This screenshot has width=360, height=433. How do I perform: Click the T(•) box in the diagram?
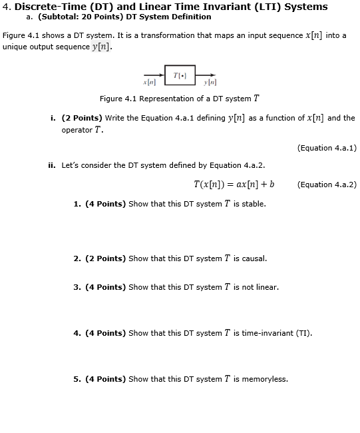[180, 75]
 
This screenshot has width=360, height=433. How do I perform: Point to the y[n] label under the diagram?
[211, 83]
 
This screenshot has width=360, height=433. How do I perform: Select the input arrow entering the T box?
[154, 75]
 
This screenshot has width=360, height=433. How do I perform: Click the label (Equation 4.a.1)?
[327, 148]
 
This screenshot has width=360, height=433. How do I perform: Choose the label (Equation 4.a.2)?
[327, 185]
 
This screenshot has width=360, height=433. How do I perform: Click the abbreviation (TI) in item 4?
[303, 333]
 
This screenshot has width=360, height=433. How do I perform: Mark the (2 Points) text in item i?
[82, 118]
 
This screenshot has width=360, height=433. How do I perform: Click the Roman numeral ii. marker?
[52, 165]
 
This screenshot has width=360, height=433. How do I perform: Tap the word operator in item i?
[77, 130]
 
